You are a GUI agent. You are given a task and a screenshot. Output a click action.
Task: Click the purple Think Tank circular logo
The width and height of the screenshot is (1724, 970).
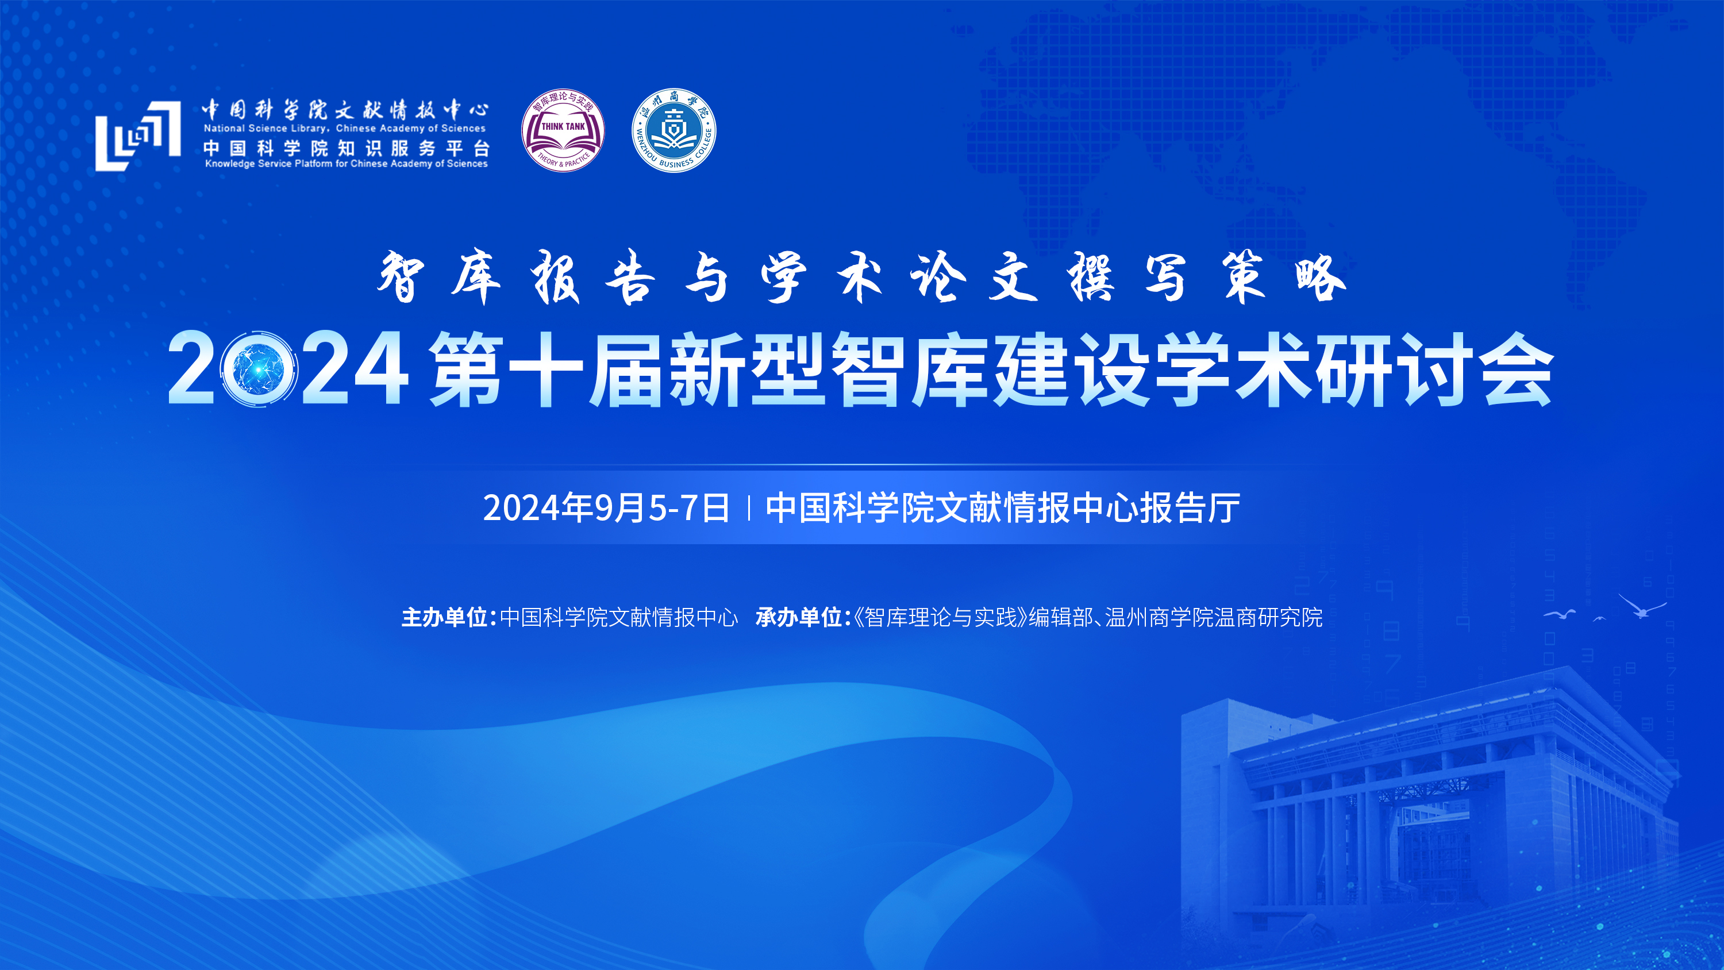pos(563,130)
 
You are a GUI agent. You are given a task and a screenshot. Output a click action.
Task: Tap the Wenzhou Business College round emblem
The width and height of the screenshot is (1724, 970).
pos(674,130)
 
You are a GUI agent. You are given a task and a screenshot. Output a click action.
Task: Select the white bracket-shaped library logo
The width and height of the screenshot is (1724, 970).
pos(138,136)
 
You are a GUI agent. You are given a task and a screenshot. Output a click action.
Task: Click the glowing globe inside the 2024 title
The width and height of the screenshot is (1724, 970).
pos(259,369)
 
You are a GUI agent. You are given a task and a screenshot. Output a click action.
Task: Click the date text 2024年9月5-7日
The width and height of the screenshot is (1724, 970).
pos(606,507)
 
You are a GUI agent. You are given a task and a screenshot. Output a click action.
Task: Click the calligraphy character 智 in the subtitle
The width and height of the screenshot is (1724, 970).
pos(401,277)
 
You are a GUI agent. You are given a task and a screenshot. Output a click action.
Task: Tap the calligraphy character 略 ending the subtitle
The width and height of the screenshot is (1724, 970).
pos(1320,277)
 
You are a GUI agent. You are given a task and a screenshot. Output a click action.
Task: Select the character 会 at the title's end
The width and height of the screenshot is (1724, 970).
pos(1518,369)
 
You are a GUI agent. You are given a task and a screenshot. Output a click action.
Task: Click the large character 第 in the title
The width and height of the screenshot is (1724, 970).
pos(467,369)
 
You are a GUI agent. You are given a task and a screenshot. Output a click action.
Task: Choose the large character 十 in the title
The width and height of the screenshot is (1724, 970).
pos(546,369)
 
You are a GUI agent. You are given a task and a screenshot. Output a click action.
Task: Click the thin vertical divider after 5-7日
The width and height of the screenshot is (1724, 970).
pos(748,508)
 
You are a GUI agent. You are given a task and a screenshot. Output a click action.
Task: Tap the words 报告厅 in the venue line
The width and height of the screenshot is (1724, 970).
pos(1191,507)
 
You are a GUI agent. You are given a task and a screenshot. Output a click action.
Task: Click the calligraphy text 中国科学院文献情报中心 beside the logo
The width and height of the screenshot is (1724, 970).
pos(345,109)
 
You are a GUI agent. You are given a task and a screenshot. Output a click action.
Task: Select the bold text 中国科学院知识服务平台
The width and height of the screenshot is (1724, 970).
pos(347,148)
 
